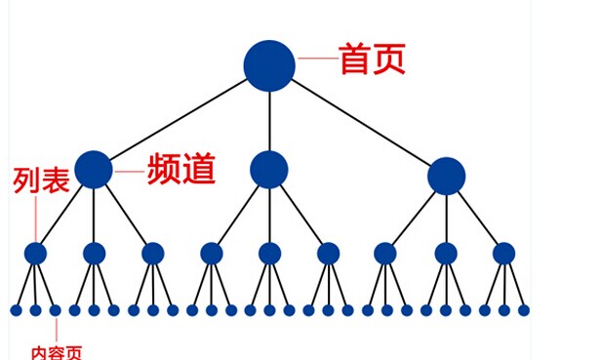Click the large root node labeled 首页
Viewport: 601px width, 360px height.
coord(269,64)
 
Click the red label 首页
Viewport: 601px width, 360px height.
coord(372,60)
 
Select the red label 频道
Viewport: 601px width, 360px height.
coord(180,170)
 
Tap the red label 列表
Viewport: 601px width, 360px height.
coord(41,180)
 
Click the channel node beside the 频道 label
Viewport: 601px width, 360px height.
coord(94,170)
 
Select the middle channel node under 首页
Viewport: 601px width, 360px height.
coord(269,170)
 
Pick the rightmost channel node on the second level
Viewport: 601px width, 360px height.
coord(446,176)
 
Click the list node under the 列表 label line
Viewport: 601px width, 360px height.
coord(35,254)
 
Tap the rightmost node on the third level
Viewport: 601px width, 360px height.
coord(503,254)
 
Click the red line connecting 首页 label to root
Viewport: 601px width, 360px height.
coord(317,60)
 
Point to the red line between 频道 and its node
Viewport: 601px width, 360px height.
coord(128,171)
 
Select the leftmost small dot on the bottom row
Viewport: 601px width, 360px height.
coord(16,310)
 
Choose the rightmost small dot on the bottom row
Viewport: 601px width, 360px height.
coord(524,310)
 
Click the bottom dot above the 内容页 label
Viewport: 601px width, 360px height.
coord(55,310)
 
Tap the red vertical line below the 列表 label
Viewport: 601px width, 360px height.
coord(35,220)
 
